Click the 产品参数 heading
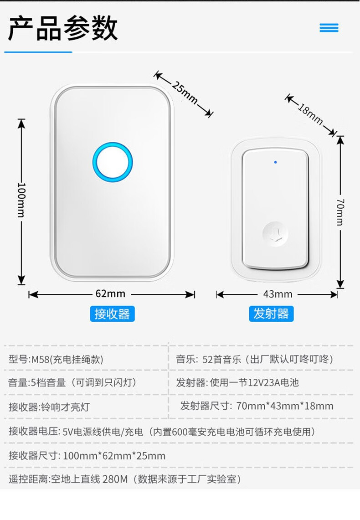coord(63,28)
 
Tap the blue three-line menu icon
coord(329,28)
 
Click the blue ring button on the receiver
coord(113,162)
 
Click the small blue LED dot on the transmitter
coord(275,162)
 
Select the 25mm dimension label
coord(185,93)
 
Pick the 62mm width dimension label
coord(110,294)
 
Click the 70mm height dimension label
coord(340,211)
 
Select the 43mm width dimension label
coord(278,294)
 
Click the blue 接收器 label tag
coord(112,314)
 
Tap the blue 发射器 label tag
coord(271,314)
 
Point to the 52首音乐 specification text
coord(221,359)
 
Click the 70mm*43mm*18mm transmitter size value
coord(285,406)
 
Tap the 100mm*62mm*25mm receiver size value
coord(114,455)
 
